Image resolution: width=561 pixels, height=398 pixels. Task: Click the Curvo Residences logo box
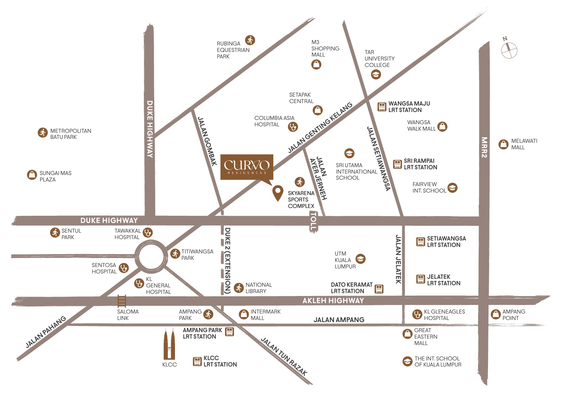(247, 167)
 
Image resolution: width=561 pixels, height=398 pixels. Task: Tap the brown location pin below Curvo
(278, 192)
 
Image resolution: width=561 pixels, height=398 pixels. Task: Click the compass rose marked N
(509, 50)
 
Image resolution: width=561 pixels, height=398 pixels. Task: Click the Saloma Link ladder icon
(122, 301)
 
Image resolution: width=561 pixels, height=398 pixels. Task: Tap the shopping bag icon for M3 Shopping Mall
(316, 64)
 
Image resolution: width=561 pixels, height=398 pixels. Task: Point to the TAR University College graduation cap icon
(376, 74)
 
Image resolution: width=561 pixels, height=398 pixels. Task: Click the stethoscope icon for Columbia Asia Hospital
(293, 127)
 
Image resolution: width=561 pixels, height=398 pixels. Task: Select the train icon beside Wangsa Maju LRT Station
(382, 107)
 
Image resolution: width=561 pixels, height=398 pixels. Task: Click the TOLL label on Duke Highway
(313, 222)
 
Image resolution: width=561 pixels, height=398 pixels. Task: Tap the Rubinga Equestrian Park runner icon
(250, 40)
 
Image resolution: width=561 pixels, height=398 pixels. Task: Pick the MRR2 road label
(484, 147)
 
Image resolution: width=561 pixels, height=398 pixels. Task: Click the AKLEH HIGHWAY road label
(333, 301)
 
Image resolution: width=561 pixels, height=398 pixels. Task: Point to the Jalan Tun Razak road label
(284, 356)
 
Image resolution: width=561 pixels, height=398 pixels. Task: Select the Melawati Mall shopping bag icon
(503, 144)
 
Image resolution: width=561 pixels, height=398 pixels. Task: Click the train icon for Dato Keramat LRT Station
(379, 288)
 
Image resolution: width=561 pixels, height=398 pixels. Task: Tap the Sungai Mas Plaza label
(55, 176)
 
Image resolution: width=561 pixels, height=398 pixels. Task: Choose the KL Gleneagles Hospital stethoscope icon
(417, 315)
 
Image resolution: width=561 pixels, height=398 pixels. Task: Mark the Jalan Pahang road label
(46, 332)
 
